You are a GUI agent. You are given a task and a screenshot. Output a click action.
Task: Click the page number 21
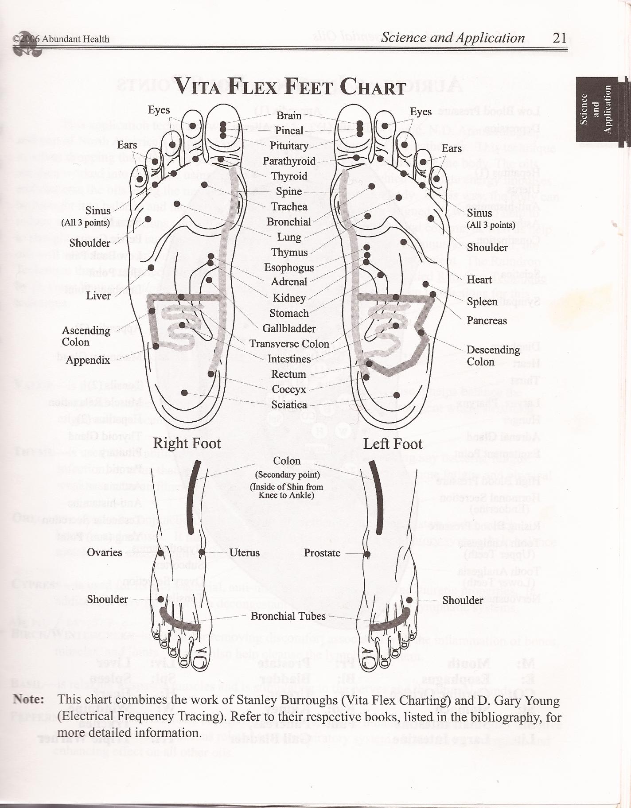pyautogui.click(x=560, y=38)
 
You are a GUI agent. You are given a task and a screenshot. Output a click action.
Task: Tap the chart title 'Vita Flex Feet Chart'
pyautogui.click(x=289, y=86)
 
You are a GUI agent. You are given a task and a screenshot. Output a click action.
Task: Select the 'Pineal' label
pyautogui.click(x=289, y=131)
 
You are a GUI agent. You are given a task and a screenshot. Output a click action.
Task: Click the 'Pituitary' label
pyautogui.click(x=289, y=146)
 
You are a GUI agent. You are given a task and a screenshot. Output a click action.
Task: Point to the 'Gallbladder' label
pyautogui.click(x=289, y=329)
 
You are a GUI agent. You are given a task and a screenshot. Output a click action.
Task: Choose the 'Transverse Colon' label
pyautogui.click(x=289, y=344)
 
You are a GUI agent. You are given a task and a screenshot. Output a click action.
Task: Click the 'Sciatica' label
pyautogui.click(x=289, y=404)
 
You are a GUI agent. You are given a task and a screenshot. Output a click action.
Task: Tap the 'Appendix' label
pyautogui.click(x=88, y=360)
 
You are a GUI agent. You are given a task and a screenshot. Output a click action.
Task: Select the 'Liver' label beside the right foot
pyautogui.click(x=98, y=295)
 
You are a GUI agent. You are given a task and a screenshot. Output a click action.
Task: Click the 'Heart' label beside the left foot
pyautogui.click(x=479, y=280)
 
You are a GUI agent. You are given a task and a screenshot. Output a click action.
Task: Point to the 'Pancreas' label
pyautogui.click(x=487, y=321)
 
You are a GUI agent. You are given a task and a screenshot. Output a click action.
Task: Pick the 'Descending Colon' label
pyautogui.click(x=493, y=356)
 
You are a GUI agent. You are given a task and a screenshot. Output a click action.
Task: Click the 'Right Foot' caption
pyautogui.click(x=187, y=443)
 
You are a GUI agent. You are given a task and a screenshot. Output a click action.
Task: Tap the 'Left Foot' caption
pyautogui.click(x=393, y=444)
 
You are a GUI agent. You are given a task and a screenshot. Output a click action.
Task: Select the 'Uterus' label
pyautogui.click(x=245, y=553)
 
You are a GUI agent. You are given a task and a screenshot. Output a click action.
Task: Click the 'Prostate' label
pyautogui.click(x=322, y=553)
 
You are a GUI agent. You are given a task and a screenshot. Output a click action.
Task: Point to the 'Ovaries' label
pyautogui.click(x=105, y=552)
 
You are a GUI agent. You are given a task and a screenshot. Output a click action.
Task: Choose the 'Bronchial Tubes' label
pyautogui.click(x=288, y=616)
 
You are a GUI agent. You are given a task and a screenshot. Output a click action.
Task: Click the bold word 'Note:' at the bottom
pyautogui.click(x=29, y=699)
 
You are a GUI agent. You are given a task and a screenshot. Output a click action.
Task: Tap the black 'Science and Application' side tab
pyautogui.click(x=596, y=109)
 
